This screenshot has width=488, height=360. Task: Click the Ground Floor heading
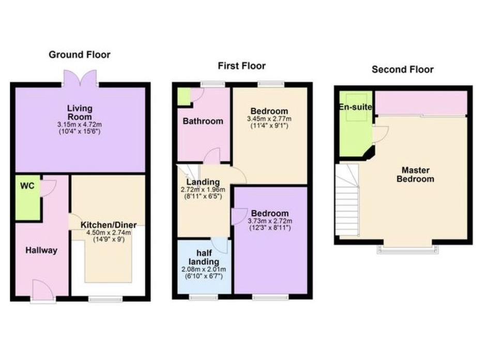80,55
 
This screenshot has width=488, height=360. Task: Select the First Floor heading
241,66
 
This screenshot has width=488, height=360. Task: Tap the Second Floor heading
403,69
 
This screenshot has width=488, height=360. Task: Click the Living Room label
80,112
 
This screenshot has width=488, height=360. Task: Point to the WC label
27,186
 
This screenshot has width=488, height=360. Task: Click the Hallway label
41,251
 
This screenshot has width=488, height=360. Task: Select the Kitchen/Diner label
109,225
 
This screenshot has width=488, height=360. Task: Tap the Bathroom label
203,121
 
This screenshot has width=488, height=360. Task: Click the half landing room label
203,258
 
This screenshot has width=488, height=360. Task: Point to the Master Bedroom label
418,175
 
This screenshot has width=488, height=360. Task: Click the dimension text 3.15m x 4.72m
80,124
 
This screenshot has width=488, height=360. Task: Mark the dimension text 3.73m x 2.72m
269,221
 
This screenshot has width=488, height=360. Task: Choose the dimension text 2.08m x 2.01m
203,270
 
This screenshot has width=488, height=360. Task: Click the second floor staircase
346,201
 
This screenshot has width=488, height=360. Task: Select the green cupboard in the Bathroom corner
184,97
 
